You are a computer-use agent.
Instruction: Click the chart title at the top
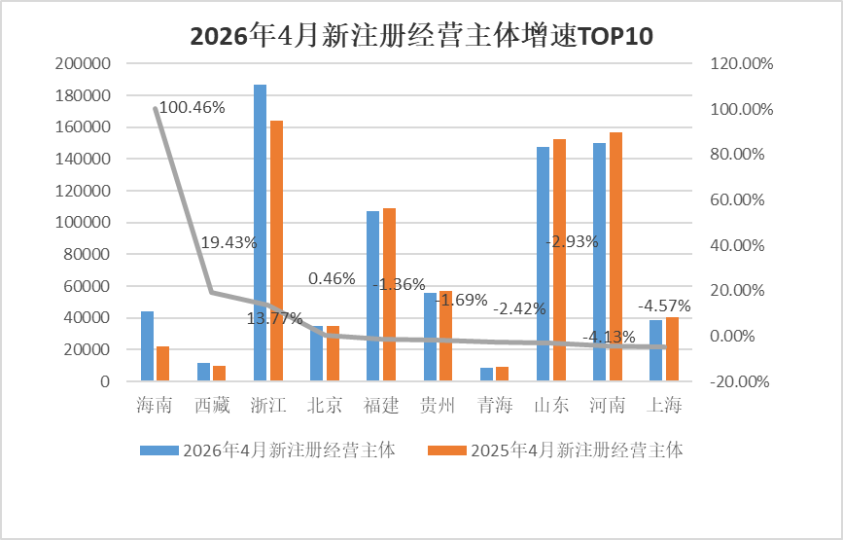point(422,37)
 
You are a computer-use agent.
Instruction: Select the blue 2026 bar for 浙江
point(261,233)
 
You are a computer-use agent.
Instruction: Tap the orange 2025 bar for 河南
point(615,257)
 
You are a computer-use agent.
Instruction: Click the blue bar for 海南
point(148,346)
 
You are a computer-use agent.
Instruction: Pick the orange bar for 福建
point(389,295)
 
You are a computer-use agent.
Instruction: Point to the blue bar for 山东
point(543,264)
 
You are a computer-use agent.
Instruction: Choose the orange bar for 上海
point(673,349)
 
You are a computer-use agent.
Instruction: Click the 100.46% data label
point(192,108)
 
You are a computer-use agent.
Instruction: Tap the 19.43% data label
point(228,242)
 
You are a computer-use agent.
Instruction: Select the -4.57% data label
point(664,306)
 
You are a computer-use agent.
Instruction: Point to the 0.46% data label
point(332,278)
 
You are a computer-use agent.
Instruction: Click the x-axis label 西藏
point(212,405)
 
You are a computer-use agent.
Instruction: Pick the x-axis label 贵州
point(438,405)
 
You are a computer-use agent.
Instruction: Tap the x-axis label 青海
point(495,405)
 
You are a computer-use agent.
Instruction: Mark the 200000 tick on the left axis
point(83,63)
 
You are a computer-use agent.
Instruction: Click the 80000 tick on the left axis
point(88,254)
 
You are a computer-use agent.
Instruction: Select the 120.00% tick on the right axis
point(742,63)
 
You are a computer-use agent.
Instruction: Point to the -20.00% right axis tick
point(740,381)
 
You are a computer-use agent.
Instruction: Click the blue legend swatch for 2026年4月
point(159,450)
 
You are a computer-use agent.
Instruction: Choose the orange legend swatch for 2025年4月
point(447,450)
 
